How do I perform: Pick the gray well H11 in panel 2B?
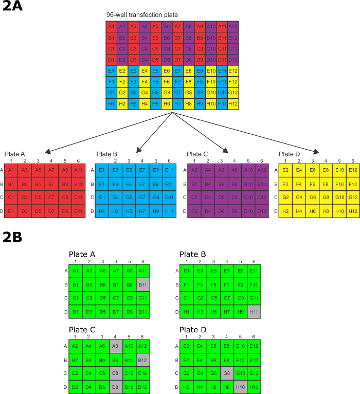tap(254, 311)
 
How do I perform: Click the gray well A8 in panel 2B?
tap(116, 346)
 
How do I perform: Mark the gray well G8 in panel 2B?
tap(226, 373)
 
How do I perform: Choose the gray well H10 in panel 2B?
tap(240, 387)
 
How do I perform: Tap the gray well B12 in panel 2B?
tap(142, 360)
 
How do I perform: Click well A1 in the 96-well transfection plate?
tap(111, 26)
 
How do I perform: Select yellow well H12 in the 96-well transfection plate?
tap(232, 103)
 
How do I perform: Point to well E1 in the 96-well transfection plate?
tap(111, 70)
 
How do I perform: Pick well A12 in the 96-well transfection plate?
tap(232, 26)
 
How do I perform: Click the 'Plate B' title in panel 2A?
tap(107, 154)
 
